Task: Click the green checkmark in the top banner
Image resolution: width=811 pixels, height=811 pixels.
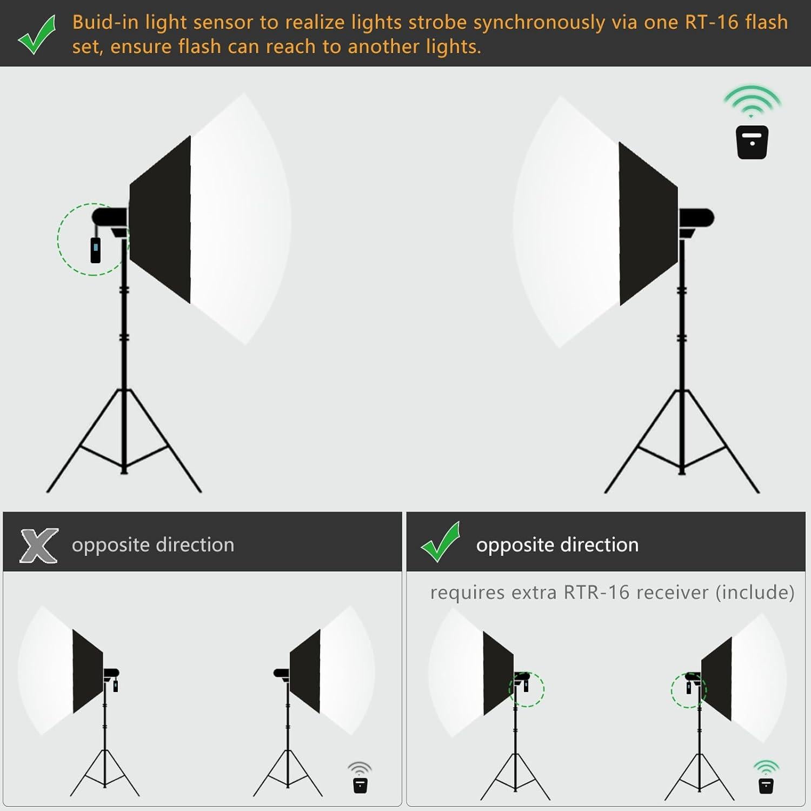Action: point(37,35)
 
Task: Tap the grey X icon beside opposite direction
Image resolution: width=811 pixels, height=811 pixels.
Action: point(39,545)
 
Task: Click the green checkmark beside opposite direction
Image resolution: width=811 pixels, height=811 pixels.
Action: point(441,542)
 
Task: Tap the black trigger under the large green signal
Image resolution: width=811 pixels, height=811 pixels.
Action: point(752,142)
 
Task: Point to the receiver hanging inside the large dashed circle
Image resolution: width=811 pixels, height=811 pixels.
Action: point(96,250)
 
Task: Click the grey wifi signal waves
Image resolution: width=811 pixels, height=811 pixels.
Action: point(360,768)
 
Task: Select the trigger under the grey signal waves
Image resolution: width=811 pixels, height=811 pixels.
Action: point(360,785)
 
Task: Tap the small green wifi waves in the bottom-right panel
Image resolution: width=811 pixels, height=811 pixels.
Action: point(766,767)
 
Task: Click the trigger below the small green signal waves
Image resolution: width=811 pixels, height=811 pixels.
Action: point(766,785)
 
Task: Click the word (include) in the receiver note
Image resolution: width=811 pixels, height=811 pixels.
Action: point(755,593)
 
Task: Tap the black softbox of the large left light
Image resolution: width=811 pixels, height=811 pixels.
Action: point(161,219)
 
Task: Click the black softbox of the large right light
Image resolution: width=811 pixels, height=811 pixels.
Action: point(647,223)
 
